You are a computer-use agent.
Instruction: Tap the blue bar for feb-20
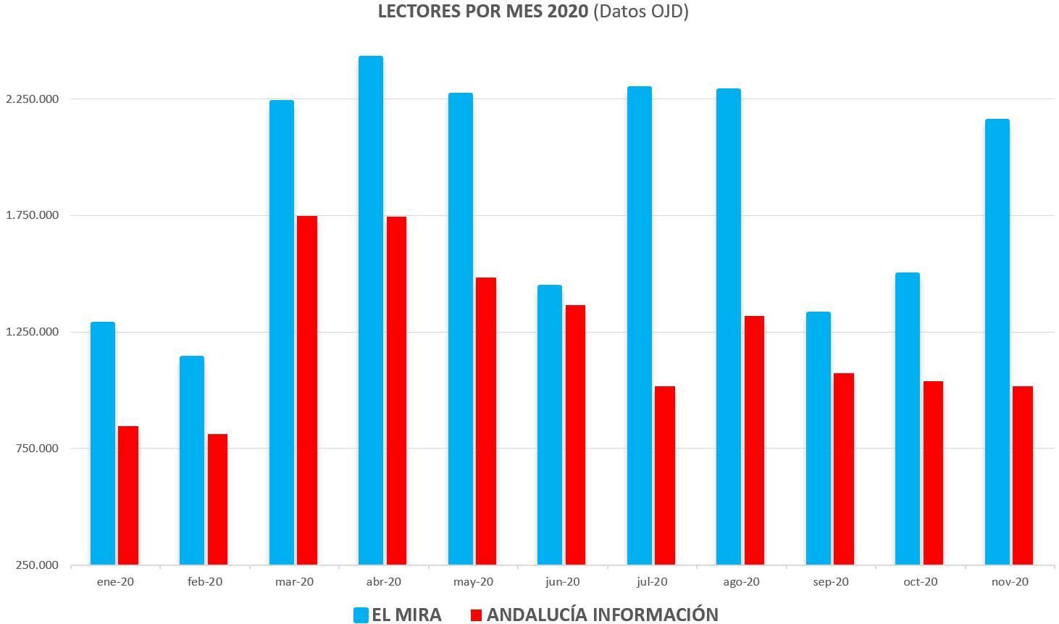192,460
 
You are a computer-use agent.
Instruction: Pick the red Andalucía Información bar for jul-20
664,475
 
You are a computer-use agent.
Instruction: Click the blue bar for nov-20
997,341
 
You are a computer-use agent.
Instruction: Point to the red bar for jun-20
575,435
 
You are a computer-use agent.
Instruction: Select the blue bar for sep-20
818,438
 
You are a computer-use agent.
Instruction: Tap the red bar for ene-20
128,495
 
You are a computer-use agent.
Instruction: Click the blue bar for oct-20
907,418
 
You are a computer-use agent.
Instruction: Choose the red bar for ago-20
754,440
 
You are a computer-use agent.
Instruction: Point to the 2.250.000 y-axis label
33,99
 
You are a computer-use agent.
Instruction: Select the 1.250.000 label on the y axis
33,332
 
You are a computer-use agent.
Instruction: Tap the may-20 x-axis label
473,582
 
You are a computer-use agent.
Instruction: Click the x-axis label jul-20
652,582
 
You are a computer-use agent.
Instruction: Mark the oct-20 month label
920,582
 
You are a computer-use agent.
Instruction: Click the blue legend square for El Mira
361,615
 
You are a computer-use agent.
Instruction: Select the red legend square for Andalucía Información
476,615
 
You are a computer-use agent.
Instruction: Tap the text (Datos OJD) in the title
640,12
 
